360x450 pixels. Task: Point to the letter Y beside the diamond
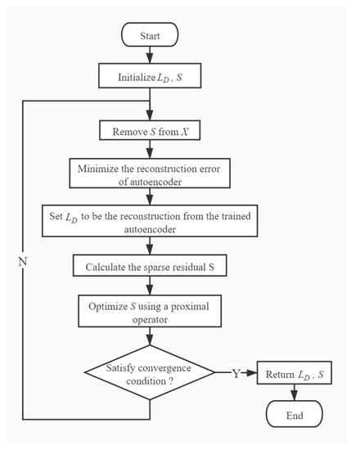click(x=236, y=374)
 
